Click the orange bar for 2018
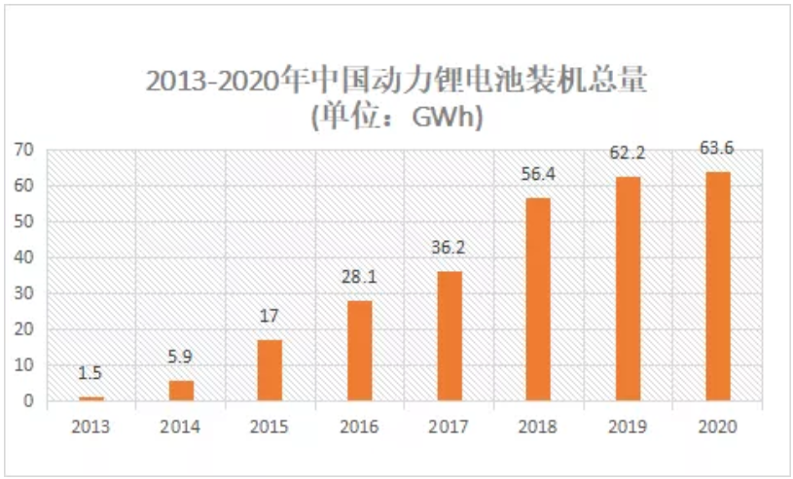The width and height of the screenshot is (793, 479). [x=538, y=298]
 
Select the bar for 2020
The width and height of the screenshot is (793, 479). [x=717, y=286]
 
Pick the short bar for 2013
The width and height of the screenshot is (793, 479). [x=91, y=397]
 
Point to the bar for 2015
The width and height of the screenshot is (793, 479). [x=270, y=369]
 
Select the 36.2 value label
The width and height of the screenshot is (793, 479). [x=449, y=248]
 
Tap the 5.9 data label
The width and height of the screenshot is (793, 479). [x=181, y=359]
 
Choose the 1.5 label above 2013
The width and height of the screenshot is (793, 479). [x=91, y=374]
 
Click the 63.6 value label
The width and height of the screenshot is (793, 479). [x=717, y=149]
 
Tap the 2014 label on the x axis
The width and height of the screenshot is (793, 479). [x=181, y=427]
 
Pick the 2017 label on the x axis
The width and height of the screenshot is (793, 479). [x=449, y=427]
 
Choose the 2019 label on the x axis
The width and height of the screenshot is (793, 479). [x=628, y=427]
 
